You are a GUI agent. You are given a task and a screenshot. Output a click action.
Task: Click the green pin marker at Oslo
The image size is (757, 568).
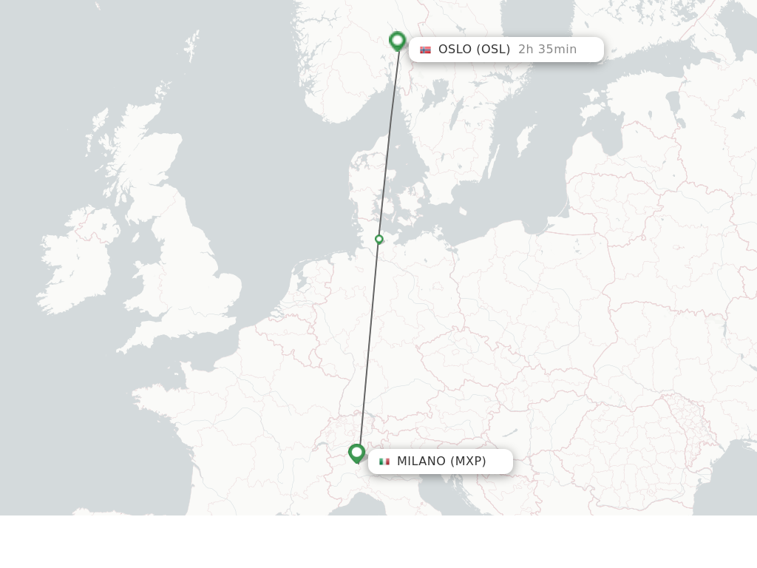pyautogui.click(x=398, y=41)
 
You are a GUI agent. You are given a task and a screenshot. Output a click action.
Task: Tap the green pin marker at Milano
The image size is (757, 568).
pyautogui.click(x=357, y=453)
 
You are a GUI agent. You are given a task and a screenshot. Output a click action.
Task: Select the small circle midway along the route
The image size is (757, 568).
pyautogui.click(x=379, y=239)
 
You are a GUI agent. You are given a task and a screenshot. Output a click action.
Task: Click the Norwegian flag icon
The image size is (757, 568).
pyautogui.click(x=425, y=50)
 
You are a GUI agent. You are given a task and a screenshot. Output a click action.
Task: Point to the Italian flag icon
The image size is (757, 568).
pyautogui.click(x=384, y=461)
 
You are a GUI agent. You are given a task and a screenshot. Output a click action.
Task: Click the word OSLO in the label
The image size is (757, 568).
pyautogui.click(x=455, y=50)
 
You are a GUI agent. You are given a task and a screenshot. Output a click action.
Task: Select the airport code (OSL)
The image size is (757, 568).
pyautogui.click(x=493, y=50)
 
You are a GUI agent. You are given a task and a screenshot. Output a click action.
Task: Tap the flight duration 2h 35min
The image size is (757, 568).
pyautogui.click(x=547, y=50)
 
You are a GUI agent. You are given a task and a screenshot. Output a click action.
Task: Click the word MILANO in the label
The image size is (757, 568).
pyautogui.click(x=421, y=461)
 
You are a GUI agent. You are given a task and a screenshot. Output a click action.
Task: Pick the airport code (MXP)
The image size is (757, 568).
pyautogui.click(x=469, y=461)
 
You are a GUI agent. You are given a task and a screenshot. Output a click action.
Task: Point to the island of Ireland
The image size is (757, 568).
pyautogui.click(x=78, y=263)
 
